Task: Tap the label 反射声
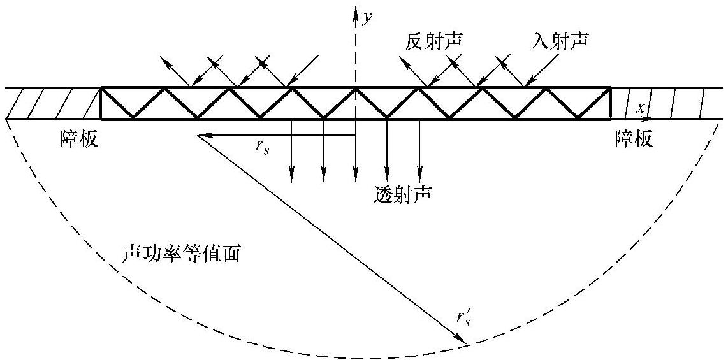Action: tap(434, 43)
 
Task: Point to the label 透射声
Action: tap(402, 193)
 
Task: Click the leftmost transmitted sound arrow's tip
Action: tap(292, 175)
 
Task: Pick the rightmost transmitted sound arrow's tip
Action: tap(419, 175)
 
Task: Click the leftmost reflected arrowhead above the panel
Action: tap(164, 60)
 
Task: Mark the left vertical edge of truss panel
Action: tap(101, 103)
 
